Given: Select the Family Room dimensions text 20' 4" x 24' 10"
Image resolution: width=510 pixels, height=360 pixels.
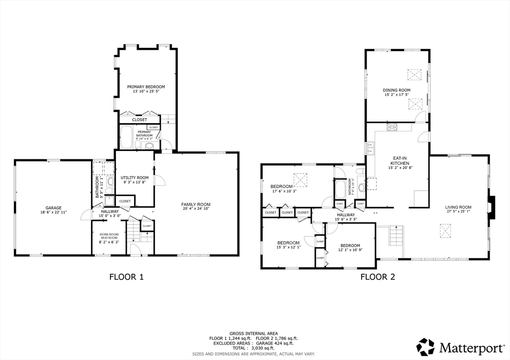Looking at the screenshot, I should tap(195, 209).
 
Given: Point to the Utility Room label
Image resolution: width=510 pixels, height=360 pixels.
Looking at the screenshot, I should tap(134, 178).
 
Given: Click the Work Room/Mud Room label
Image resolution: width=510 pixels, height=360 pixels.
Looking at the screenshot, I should tap(109, 236).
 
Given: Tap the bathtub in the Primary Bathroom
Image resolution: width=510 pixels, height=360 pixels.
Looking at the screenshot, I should tap(127, 137).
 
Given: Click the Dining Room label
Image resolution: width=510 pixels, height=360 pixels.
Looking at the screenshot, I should tap(396, 90).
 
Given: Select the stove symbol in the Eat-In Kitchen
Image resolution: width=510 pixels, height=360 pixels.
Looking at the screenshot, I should tap(392, 126).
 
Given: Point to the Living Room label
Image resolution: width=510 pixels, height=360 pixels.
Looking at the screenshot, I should tap(459, 207).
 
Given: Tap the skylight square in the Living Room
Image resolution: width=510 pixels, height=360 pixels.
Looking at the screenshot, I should tap(445, 229).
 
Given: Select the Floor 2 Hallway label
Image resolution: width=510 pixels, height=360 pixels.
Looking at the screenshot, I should tap(345, 215).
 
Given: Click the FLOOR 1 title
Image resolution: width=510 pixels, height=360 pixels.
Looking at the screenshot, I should tap(127, 277).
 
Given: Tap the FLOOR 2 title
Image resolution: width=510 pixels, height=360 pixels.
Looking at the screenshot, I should tap(378, 277).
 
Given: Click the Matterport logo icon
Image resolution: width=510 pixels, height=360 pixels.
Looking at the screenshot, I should tap(425, 347).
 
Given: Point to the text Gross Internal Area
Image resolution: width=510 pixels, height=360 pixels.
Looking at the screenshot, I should tap(254, 334).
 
